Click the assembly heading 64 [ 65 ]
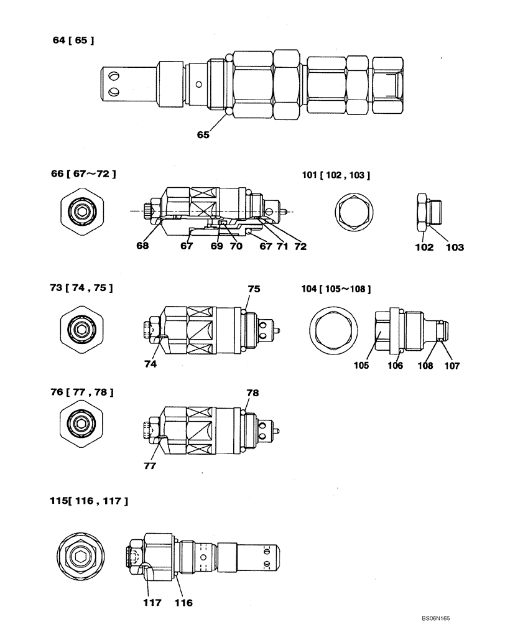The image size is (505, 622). pos(74,41)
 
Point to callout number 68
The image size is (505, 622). pos(143,246)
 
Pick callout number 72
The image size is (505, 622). pos(300,246)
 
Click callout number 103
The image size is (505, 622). pos(455,247)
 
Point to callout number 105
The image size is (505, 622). pos(361,365)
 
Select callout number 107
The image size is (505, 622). pos(452,366)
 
